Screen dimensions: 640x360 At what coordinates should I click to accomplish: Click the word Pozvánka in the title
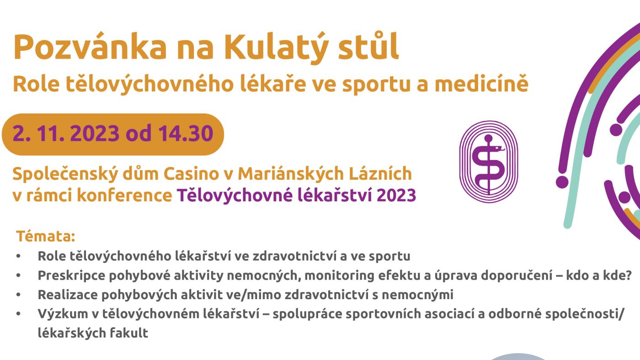tap(90, 47)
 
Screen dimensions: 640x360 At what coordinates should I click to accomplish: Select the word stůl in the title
tap(368, 46)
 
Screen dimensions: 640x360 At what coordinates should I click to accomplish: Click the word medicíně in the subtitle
tap(481, 84)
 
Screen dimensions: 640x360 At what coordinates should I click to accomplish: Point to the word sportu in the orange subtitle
tap(376, 86)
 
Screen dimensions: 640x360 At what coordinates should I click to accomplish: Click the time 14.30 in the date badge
tap(186, 134)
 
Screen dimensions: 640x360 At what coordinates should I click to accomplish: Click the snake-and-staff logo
tap(489, 161)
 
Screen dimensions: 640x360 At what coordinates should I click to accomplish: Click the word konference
tap(124, 196)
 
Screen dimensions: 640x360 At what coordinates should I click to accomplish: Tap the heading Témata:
tap(46, 236)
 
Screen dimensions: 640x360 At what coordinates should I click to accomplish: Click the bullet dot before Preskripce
tap(19, 276)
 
